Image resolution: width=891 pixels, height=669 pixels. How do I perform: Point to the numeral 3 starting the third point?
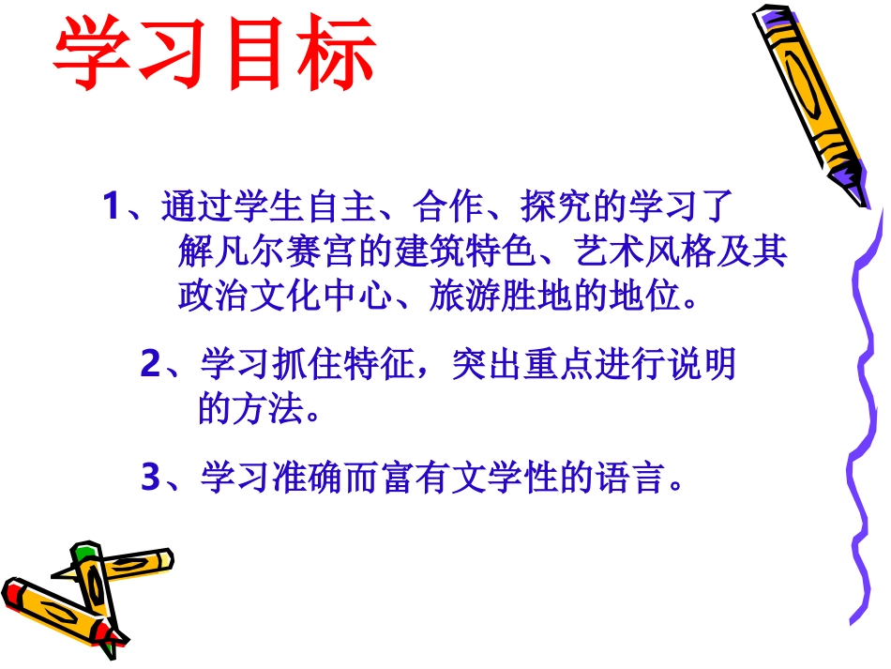(150, 478)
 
